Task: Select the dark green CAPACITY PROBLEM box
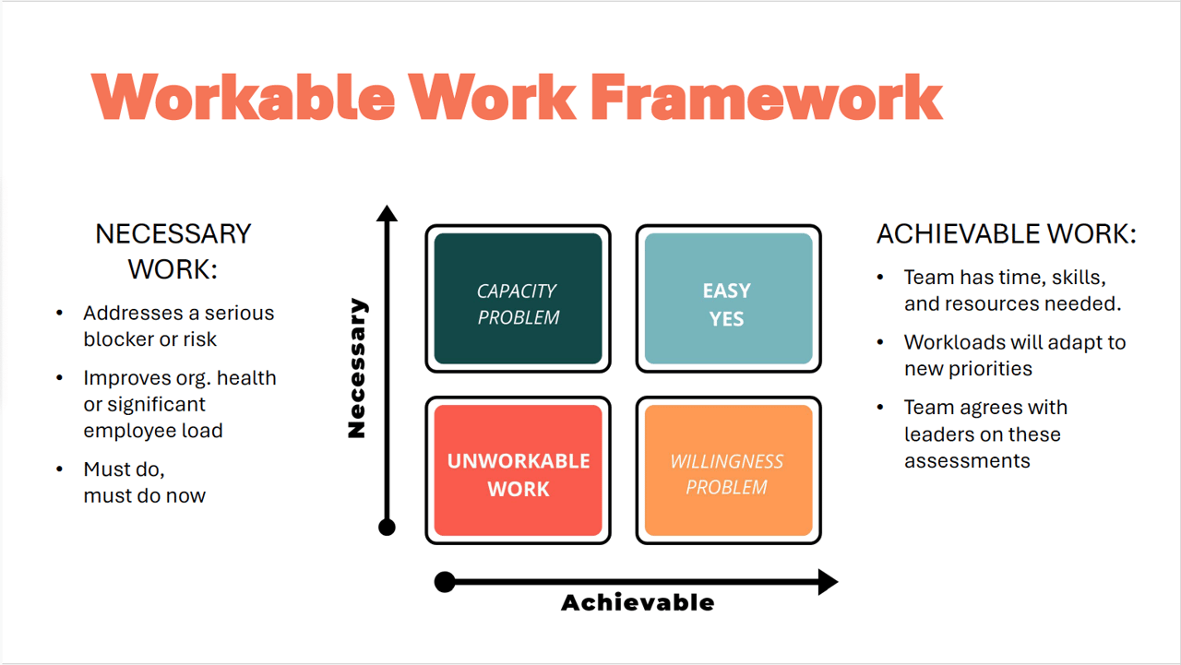coord(518,299)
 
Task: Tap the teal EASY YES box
coord(728,299)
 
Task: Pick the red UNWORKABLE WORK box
coord(518,470)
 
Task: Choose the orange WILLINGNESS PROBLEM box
coord(728,470)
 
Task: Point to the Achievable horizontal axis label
coord(638,603)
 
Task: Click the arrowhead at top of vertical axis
coord(388,214)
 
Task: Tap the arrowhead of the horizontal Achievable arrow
coord(828,582)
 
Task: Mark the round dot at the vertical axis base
coord(388,528)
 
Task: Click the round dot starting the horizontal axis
coord(445,582)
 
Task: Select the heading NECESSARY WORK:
coord(173,251)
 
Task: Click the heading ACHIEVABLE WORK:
coord(1006,234)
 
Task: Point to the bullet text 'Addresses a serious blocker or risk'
coord(178,326)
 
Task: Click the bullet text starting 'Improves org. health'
coord(179,404)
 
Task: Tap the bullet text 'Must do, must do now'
coord(144,482)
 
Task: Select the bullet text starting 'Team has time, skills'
coord(1011,291)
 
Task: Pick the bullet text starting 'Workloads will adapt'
coord(1014,355)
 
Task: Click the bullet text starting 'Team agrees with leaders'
coord(984,433)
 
